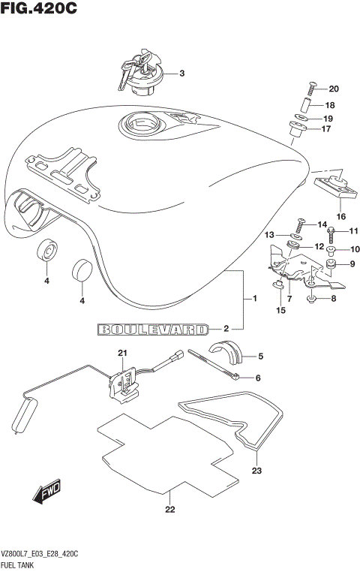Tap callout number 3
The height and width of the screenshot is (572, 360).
(181, 74)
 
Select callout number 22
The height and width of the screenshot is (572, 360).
(169, 511)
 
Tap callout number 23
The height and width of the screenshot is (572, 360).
(256, 471)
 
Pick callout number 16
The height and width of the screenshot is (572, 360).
(340, 216)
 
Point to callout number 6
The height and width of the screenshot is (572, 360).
(256, 378)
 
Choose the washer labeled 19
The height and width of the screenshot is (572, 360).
(301, 119)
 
